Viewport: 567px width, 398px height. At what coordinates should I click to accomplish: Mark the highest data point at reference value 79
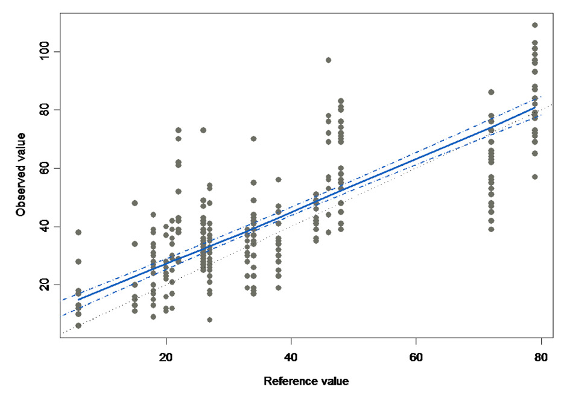(x=534, y=25)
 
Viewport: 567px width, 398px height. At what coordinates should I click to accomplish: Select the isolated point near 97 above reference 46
(x=328, y=60)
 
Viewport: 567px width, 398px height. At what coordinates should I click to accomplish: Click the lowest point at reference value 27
(x=209, y=320)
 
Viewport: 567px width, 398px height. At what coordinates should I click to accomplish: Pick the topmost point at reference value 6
(x=78, y=232)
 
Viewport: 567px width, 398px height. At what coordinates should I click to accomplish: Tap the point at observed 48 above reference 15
(x=135, y=203)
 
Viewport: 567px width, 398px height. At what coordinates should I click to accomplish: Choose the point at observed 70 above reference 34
(x=253, y=139)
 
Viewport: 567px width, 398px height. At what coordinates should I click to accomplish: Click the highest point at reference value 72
(x=491, y=92)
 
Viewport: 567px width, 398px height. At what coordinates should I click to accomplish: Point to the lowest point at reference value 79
(x=534, y=177)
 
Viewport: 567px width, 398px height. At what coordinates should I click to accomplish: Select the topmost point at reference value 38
(x=278, y=180)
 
